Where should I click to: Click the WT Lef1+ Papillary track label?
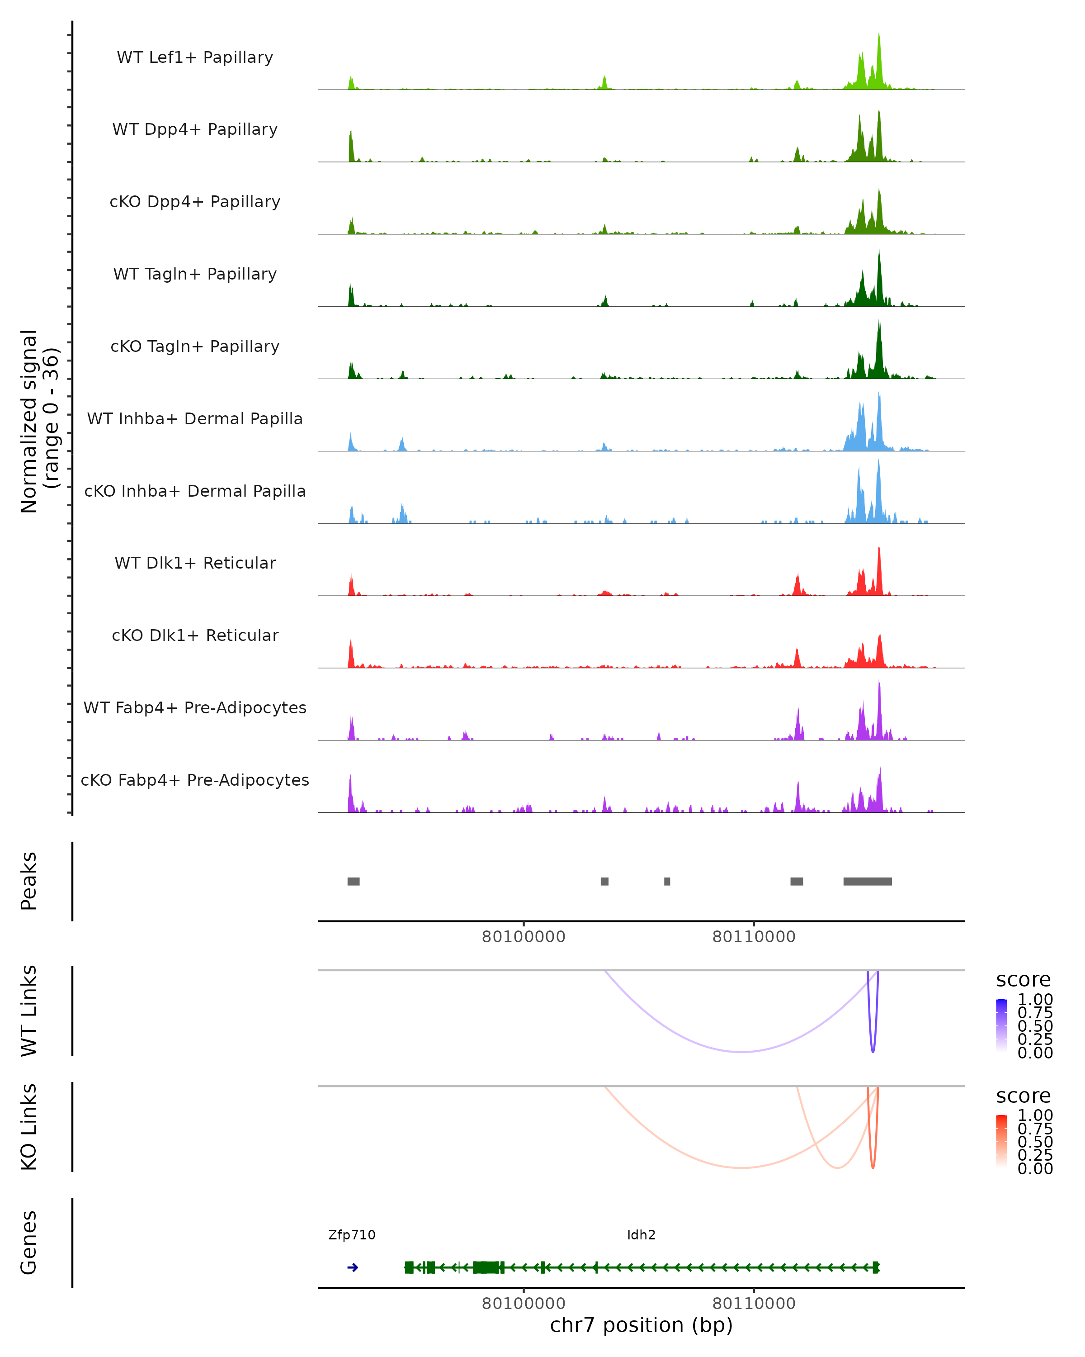point(195,57)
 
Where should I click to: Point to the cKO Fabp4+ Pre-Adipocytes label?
point(195,780)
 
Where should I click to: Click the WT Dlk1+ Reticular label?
point(195,563)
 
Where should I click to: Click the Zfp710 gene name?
point(352,1235)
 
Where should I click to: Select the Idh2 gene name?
point(641,1235)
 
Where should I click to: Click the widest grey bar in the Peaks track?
point(868,881)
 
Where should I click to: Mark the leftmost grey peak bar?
point(354,881)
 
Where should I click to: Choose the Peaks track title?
point(29,881)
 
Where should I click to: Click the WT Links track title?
point(29,1011)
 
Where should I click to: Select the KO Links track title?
point(29,1127)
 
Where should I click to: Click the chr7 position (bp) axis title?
point(641,1325)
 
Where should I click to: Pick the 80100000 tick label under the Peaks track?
point(524,937)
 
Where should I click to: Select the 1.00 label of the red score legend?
point(1035,1115)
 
